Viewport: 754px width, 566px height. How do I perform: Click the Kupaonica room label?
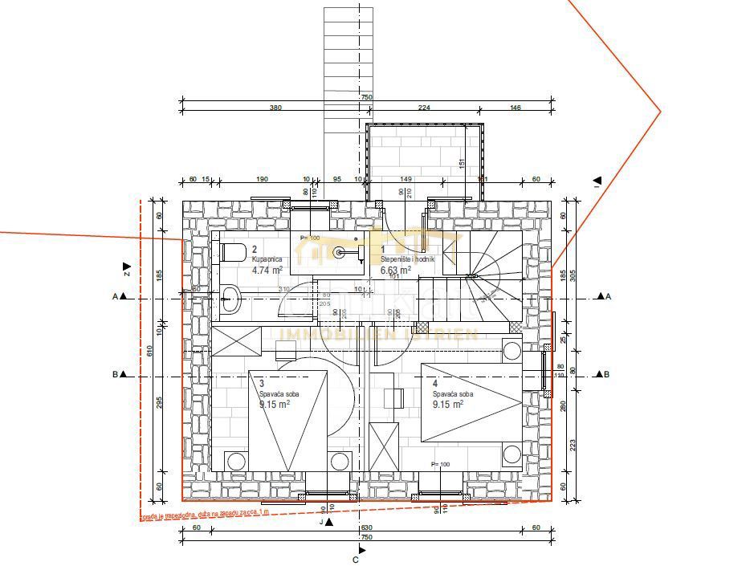(x=267, y=260)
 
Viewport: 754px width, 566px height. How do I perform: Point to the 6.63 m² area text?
(x=396, y=271)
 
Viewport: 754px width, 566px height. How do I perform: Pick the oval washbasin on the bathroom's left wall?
(x=230, y=299)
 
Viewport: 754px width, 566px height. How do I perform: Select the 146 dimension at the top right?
(x=516, y=108)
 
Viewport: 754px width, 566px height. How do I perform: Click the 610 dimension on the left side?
(x=149, y=351)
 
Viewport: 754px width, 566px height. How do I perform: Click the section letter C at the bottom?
(x=355, y=560)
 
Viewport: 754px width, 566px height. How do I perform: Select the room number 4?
(x=436, y=384)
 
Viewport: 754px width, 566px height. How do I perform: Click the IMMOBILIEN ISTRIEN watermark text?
(x=377, y=334)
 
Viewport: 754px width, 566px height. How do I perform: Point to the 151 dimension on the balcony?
(x=462, y=164)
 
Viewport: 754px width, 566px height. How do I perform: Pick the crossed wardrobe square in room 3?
(x=235, y=341)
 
